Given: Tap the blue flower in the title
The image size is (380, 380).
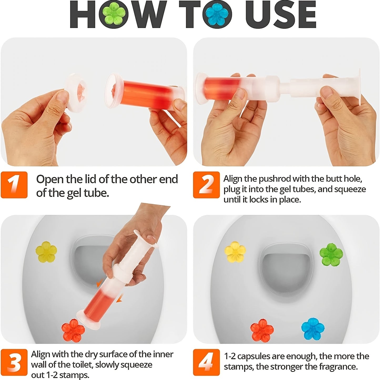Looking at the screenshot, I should pyautogui.click(x=217, y=15).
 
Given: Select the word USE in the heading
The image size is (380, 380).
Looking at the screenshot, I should pyautogui.click(x=281, y=14).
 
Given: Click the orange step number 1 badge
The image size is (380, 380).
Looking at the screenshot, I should pyautogui.click(x=14, y=185).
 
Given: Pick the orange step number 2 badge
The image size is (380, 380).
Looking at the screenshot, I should pyautogui.click(x=206, y=185).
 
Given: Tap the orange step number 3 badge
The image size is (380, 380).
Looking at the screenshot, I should pyautogui.click(x=14, y=362).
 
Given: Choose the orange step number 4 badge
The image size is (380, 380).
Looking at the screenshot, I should pyautogui.click(x=206, y=362).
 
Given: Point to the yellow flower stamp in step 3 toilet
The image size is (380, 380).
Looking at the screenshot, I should pyautogui.click(x=46, y=252).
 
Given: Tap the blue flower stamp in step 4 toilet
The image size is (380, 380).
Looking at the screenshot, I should pyautogui.click(x=313, y=329).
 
